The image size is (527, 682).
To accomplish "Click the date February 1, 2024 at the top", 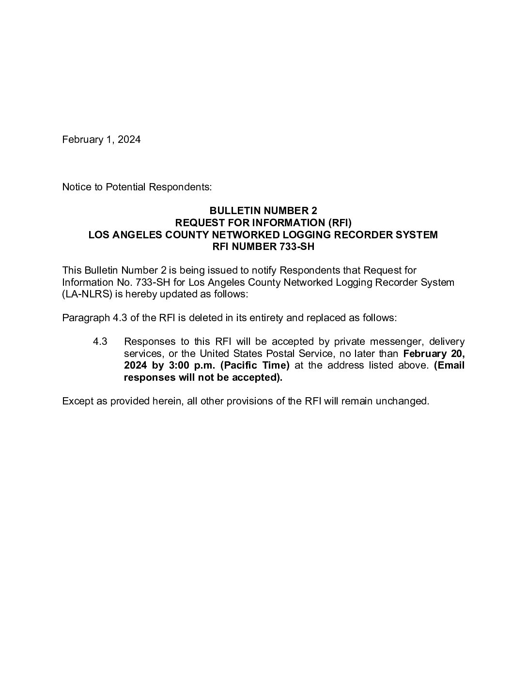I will pyautogui.click(x=101, y=139).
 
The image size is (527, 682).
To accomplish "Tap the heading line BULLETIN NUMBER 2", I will pyautogui.click(x=263, y=210).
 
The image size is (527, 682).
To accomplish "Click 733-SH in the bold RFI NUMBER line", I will pyautogui.click(x=297, y=246).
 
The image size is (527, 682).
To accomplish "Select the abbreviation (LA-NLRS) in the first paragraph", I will pyautogui.click(x=83, y=294).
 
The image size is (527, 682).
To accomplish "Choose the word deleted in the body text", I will pyautogui.click(x=209, y=318).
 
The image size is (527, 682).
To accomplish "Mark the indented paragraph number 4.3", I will pyautogui.click(x=100, y=341).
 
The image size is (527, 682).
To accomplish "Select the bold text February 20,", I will pyautogui.click(x=434, y=354).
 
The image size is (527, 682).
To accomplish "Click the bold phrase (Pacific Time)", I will pyautogui.click(x=255, y=365).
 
